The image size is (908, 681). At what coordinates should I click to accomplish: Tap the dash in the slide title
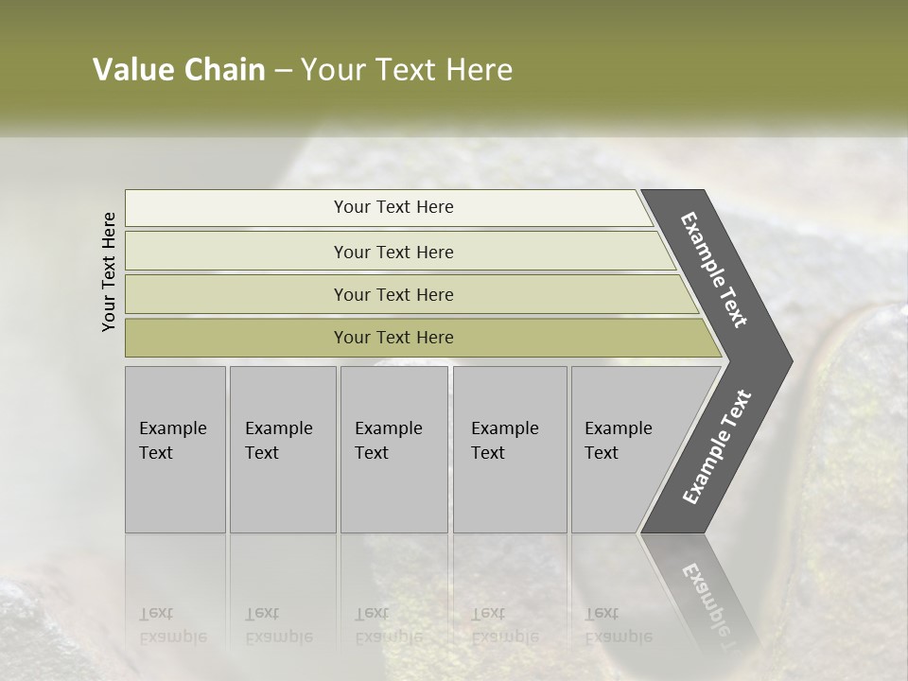283,71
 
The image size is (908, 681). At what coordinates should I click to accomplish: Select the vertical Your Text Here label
109,271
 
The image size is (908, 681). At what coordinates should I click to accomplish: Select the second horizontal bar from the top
393,252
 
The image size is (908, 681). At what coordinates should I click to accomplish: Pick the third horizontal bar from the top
393,294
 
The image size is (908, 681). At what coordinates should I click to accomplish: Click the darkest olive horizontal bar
393,338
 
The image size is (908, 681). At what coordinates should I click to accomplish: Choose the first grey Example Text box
175,448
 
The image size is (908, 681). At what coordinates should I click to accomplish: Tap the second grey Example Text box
282,448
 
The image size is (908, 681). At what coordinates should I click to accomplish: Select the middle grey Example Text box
393,448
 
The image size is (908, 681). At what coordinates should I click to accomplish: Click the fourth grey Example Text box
509,448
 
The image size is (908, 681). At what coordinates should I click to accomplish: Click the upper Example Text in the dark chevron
714,270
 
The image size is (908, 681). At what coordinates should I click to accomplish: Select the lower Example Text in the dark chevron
716,447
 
